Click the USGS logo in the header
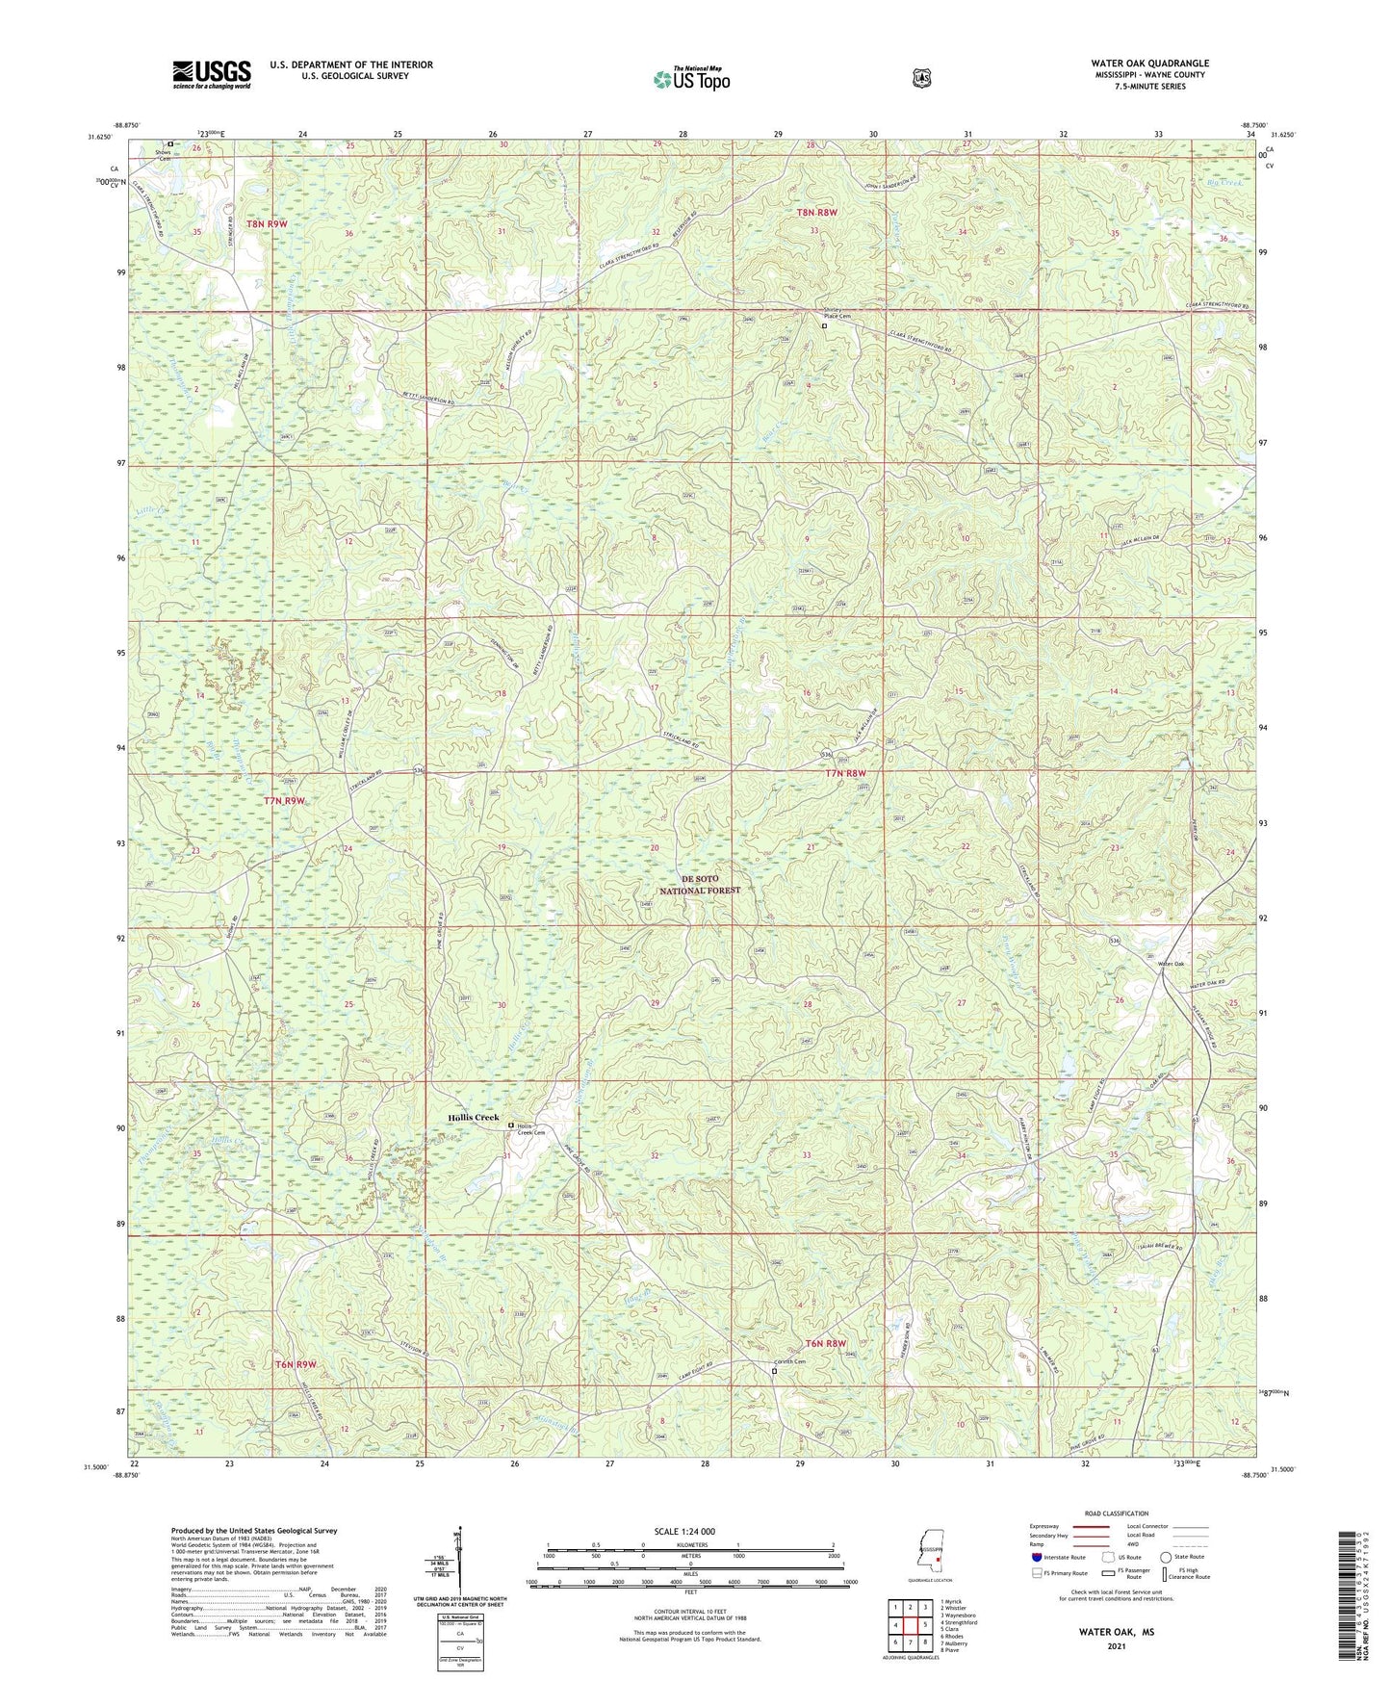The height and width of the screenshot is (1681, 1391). click(212, 74)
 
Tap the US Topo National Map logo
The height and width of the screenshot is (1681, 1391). click(690, 78)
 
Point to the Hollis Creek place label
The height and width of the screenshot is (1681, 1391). click(474, 1118)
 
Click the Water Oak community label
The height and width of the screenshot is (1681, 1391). click(1171, 964)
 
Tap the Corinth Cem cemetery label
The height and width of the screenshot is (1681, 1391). click(790, 1361)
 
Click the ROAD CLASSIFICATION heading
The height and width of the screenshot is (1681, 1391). click(1116, 1513)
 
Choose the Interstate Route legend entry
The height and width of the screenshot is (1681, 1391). click(1059, 1557)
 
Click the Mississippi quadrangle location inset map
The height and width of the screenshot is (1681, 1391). click(928, 1557)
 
